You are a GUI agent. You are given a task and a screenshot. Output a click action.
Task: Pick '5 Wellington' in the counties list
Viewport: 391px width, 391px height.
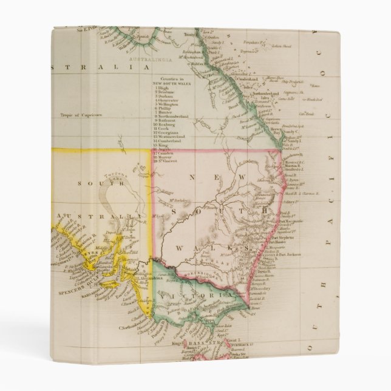click(x=168, y=104)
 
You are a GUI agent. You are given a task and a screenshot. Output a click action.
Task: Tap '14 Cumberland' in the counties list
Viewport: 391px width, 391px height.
click(x=169, y=141)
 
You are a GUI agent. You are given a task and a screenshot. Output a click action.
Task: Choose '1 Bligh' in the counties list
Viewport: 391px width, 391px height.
click(x=163, y=89)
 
